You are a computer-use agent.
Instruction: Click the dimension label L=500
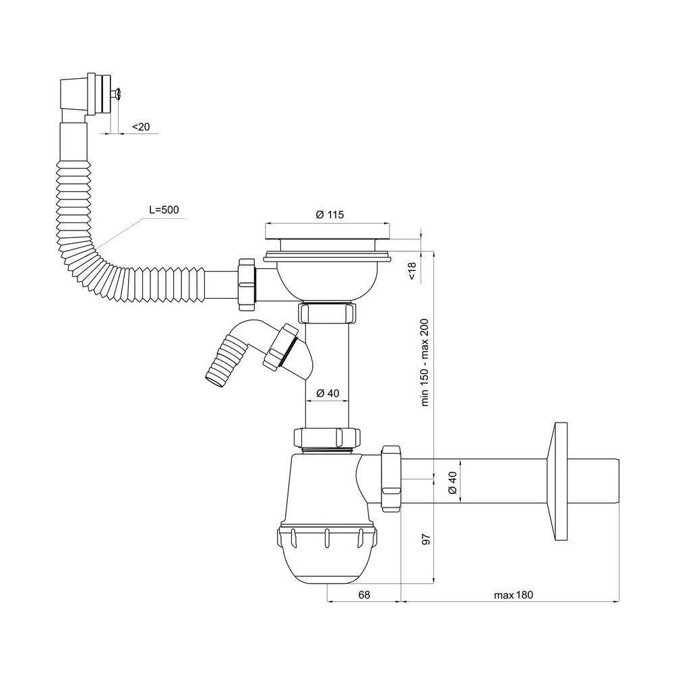(164, 210)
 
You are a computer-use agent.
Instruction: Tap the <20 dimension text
(141, 127)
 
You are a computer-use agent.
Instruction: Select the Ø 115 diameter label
(330, 214)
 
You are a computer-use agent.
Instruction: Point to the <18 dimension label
(412, 271)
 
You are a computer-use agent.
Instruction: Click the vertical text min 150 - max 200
(425, 363)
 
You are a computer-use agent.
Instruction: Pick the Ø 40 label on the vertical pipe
(328, 393)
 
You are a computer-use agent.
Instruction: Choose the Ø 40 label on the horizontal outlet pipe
(452, 483)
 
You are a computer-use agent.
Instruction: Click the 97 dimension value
(425, 539)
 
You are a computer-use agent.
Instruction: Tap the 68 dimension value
(364, 594)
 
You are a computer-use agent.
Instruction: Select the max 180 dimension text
(513, 595)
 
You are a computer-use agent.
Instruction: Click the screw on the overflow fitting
(115, 93)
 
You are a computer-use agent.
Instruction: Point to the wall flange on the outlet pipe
(557, 481)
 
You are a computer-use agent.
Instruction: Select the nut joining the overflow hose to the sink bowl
(247, 285)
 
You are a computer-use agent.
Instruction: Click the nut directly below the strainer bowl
(328, 313)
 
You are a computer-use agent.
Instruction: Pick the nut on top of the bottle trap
(327, 437)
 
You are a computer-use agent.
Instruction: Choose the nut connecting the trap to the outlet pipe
(391, 479)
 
